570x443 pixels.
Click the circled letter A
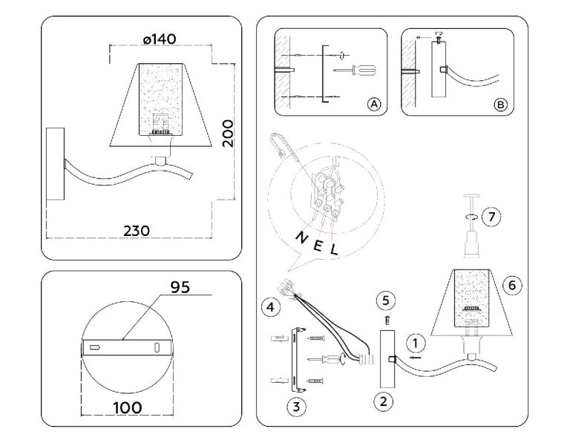[374, 105]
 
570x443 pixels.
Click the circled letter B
[501, 105]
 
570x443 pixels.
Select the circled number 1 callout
[417, 342]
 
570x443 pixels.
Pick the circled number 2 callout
[384, 402]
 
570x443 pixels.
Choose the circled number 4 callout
[271, 306]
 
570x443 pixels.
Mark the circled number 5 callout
[384, 300]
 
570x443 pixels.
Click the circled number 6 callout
[508, 284]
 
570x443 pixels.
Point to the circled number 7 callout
[490, 217]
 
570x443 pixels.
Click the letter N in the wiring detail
[301, 237]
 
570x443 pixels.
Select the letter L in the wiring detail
[334, 251]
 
